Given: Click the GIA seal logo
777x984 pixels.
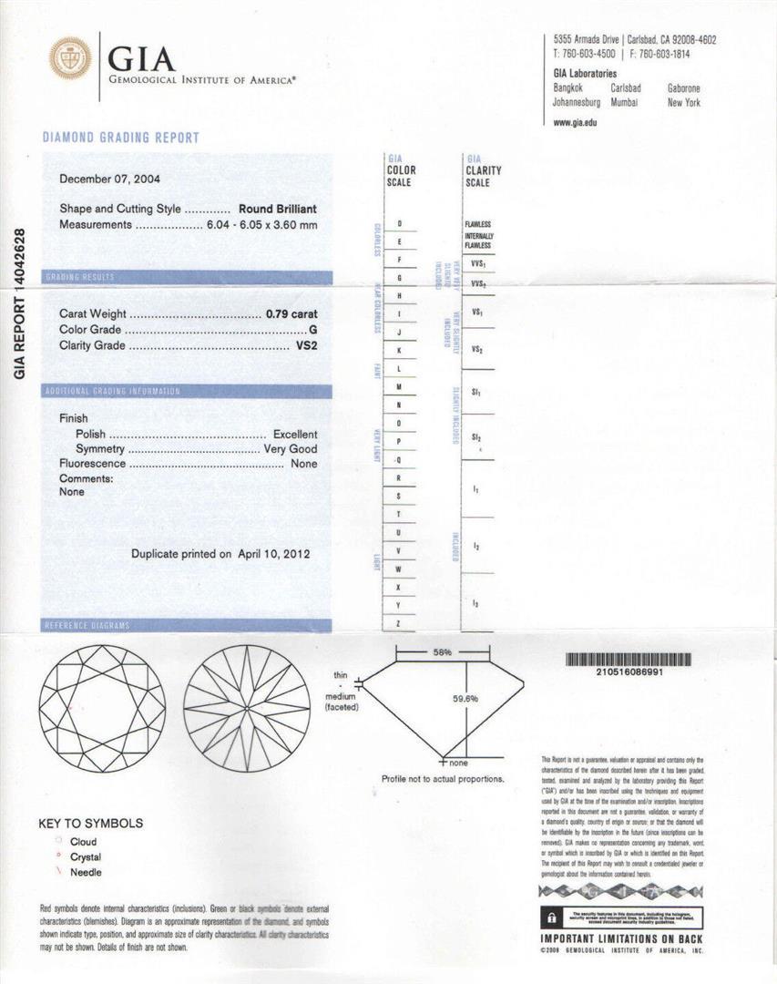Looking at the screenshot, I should coord(70,58).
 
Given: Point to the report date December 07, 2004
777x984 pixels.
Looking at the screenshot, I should coord(109,179).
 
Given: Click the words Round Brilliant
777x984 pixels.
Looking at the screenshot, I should coord(278,209).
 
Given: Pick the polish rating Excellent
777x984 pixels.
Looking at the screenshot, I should coord(295,435).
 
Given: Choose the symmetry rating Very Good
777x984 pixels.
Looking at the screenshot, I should coord(291,449).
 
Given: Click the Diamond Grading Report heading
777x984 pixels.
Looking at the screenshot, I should coord(120,138).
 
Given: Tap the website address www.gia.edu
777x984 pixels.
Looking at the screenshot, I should coord(575,122).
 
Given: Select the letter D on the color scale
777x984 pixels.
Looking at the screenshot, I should coord(400,224).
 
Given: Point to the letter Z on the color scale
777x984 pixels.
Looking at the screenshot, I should coord(399,622).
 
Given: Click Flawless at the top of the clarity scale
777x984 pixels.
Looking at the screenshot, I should coord(477,224).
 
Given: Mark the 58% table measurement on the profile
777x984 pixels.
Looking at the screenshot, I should coord(443,653).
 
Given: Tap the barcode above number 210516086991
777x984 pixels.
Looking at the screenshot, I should coord(636,660).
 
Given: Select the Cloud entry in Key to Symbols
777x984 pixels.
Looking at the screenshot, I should coord(82,842).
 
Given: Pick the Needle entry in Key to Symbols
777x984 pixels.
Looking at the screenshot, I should coord(86,873).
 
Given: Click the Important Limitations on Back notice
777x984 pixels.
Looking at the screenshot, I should coord(623,939).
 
